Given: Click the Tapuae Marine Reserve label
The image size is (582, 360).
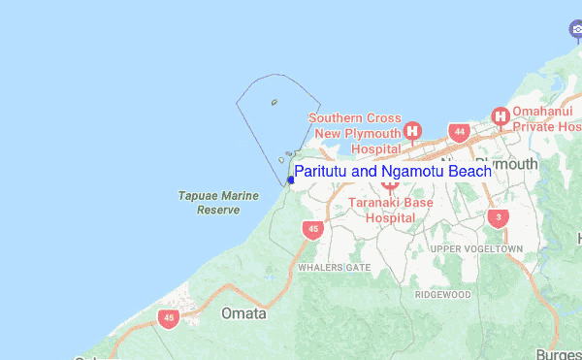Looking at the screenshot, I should pyautogui.click(x=218, y=202).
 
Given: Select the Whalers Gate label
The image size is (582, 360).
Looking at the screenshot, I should pyautogui.click(x=334, y=267).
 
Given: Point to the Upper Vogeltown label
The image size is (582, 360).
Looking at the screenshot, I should pyautogui.click(x=476, y=249).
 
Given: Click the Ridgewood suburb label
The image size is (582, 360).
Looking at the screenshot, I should pyautogui.click(x=442, y=294).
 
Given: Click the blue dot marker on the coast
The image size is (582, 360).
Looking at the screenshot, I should pyautogui.click(x=290, y=180).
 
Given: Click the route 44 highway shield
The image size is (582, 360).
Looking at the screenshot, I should pyautogui.click(x=459, y=131).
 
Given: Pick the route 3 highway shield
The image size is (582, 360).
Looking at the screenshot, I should pyautogui.click(x=498, y=218).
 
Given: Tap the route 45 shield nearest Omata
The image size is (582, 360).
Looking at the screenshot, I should pyautogui.click(x=170, y=317).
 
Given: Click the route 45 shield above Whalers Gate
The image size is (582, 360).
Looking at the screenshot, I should pyautogui.click(x=311, y=229).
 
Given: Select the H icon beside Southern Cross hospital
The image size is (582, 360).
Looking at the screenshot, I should pyautogui.click(x=413, y=131).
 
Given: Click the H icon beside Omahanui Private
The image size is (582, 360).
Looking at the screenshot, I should pyautogui.click(x=501, y=117).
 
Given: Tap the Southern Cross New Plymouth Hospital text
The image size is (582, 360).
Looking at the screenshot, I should pyautogui.click(x=354, y=133).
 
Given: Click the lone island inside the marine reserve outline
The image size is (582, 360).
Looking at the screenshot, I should pyautogui.click(x=275, y=101).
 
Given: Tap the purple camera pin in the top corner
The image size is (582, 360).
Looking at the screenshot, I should pyautogui.click(x=574, y=31).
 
